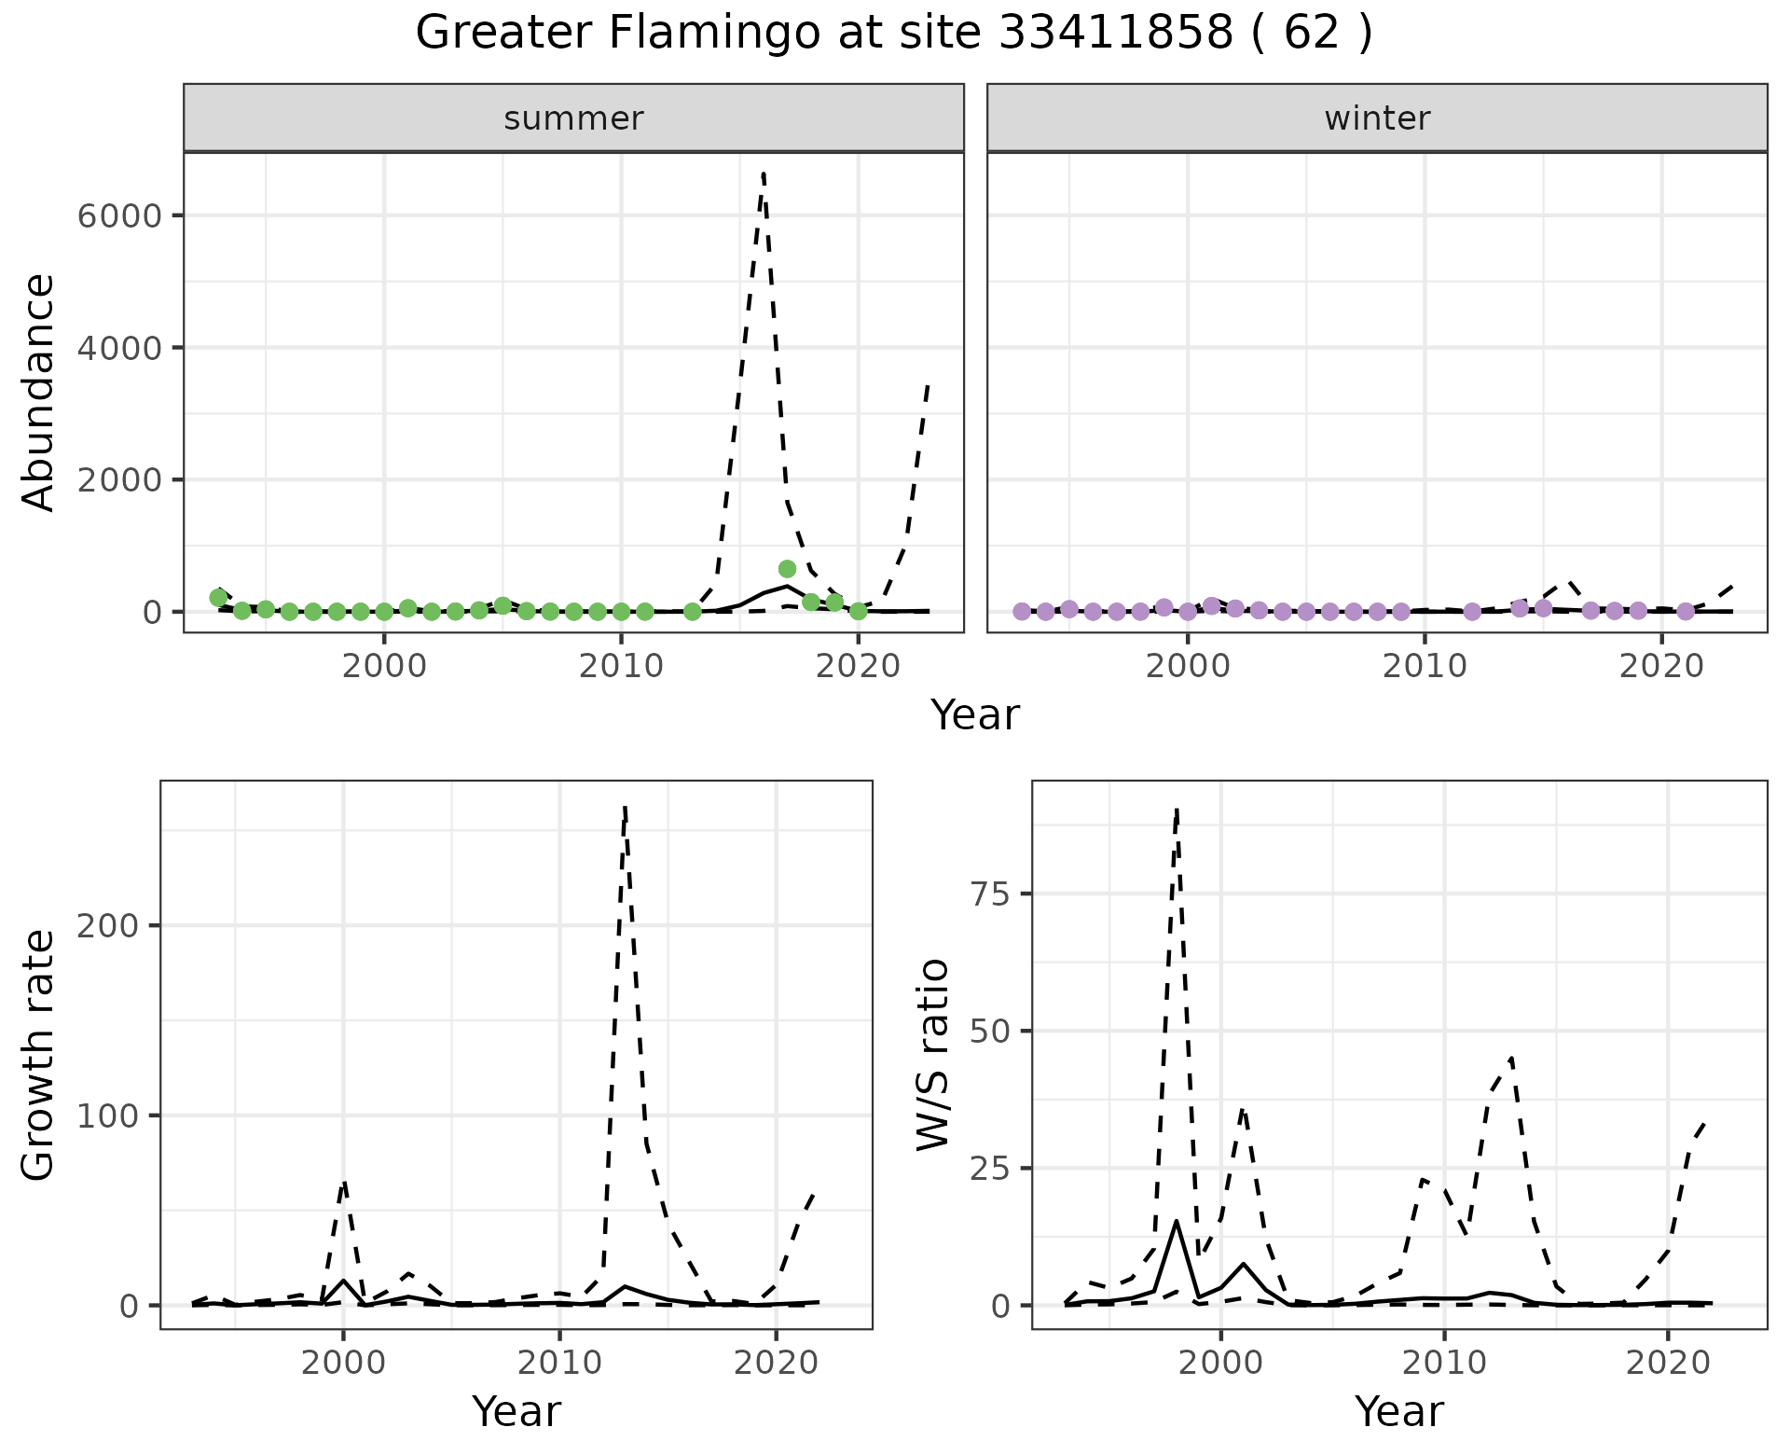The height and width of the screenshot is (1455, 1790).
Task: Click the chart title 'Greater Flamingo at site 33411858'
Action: click(x=893, y=34)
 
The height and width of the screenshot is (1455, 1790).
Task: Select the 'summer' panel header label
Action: click(x=573, y=118)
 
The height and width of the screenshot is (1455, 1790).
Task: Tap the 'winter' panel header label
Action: click(x=1377, y=118)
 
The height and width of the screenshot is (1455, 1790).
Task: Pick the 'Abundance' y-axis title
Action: click(x=39, y=392)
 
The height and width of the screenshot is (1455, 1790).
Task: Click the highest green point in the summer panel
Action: click(x=787, y=569)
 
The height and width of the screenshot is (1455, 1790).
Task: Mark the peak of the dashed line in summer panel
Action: click(x=764, y=173)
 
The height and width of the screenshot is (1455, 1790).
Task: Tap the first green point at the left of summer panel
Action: click(x=218, y=598)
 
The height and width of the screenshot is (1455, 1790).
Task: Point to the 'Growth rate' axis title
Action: click(x=39, y=1054)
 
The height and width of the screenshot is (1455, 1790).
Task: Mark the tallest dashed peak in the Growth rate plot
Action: click(x=625, y=808)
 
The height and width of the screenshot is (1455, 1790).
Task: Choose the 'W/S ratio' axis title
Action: click(x=932, y=1054)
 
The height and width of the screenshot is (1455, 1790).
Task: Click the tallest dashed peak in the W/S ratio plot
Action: click(x=1177, y=810)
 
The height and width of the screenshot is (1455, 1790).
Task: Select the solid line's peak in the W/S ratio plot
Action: click(x=1177, y=1221)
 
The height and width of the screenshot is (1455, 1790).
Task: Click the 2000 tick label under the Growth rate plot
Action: click(x=343, y=1363)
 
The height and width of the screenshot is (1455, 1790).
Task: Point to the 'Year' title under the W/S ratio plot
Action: click(x=1398, y=1411)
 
